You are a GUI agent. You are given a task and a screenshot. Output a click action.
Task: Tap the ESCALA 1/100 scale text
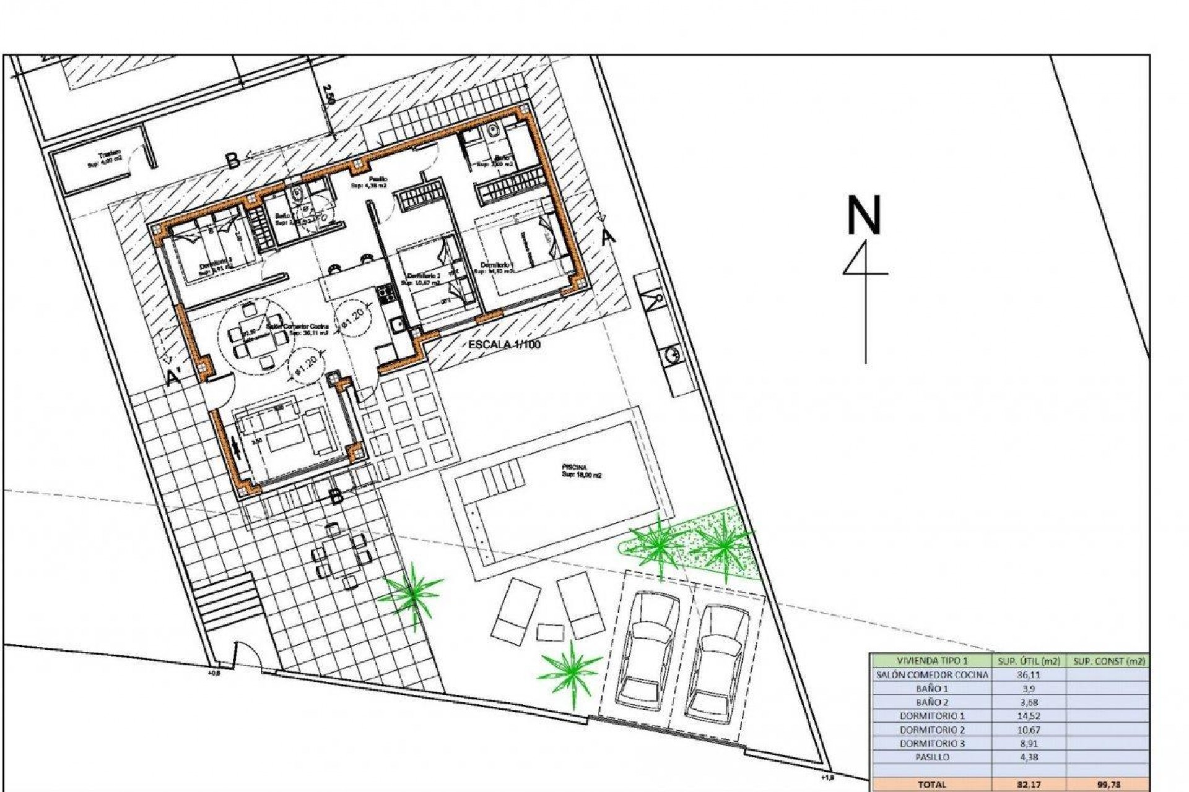(x=504, y=345)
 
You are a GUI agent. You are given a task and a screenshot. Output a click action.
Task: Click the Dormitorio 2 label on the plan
(x=424, y=277)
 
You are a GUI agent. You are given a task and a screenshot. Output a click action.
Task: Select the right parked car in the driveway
(x=717, y=661)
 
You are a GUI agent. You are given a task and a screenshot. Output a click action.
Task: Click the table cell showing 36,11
(x=1029, y=675)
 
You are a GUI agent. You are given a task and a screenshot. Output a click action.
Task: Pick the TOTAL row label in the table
(x=932, y=785)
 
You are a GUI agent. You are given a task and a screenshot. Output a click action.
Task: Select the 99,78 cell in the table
(x=1108, y=785)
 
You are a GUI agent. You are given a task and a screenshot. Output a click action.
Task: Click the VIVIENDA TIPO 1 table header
(x=932, y=661)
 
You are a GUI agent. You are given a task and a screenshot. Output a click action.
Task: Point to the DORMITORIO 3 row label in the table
(x=932, y=744)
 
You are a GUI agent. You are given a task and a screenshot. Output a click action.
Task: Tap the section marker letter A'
(x=174, y=377)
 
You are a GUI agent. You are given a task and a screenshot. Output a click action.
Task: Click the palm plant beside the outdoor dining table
(x=411, y=590)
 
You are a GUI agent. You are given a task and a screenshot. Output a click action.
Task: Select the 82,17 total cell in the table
(x=1029, y=785)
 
